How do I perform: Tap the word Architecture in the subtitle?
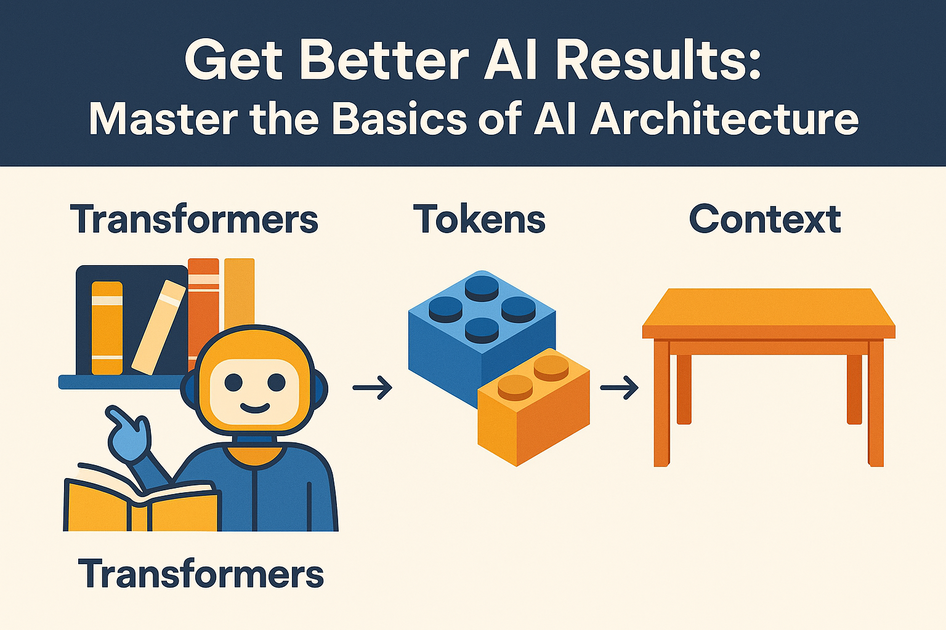724,119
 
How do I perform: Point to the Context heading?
765,219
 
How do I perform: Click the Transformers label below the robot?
201,573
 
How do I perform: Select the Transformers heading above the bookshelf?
194,219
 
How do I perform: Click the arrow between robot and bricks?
373,387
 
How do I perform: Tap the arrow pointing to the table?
619,387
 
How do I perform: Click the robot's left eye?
233,383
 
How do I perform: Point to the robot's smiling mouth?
254,408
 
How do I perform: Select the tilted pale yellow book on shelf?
159,327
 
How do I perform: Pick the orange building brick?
533,407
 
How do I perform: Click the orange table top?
769,314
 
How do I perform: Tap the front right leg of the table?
875,403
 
